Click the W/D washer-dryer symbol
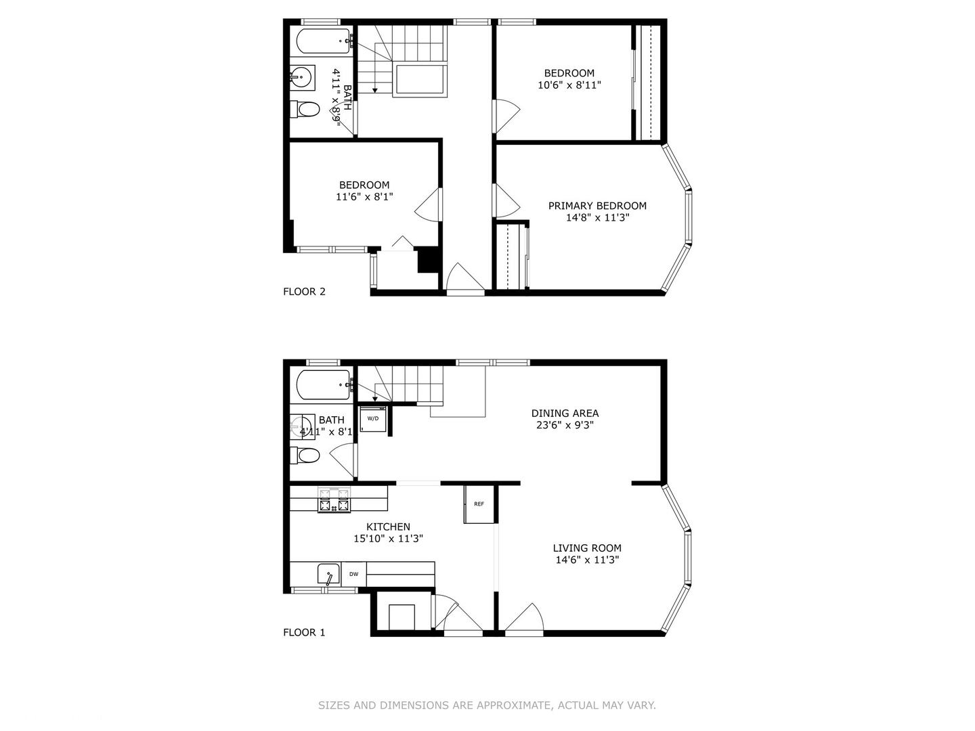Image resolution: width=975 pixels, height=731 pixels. tap(372, 418)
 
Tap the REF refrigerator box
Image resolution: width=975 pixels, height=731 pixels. tap(479, 504)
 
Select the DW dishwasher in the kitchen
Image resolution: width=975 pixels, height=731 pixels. tap(353, 574)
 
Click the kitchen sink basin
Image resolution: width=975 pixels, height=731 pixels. tap(328, 574)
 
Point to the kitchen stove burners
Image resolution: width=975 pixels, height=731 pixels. tap(334, 500)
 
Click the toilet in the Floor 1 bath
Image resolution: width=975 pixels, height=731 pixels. tap(305, 455)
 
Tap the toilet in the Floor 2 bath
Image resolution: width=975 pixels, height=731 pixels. tap(305, 109)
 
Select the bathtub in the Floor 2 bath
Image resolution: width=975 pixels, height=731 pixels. tap(324, 41)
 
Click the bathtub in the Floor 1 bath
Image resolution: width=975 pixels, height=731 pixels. tap(324, 384)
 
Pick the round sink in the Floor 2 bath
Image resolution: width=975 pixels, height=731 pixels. tap(302, 78)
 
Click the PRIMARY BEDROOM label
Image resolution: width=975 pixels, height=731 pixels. tap(597, 206)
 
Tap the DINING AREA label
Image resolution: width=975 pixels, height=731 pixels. tap(565, 413)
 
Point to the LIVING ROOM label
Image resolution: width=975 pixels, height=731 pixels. tap(587, 548)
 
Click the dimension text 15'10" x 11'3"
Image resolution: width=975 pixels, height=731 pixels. tap(388, 538)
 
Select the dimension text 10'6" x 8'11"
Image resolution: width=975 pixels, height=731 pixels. tap(569, 85)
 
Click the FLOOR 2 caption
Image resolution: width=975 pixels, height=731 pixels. tap(304, 292)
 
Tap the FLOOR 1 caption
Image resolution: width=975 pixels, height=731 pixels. tap(304, 632)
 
